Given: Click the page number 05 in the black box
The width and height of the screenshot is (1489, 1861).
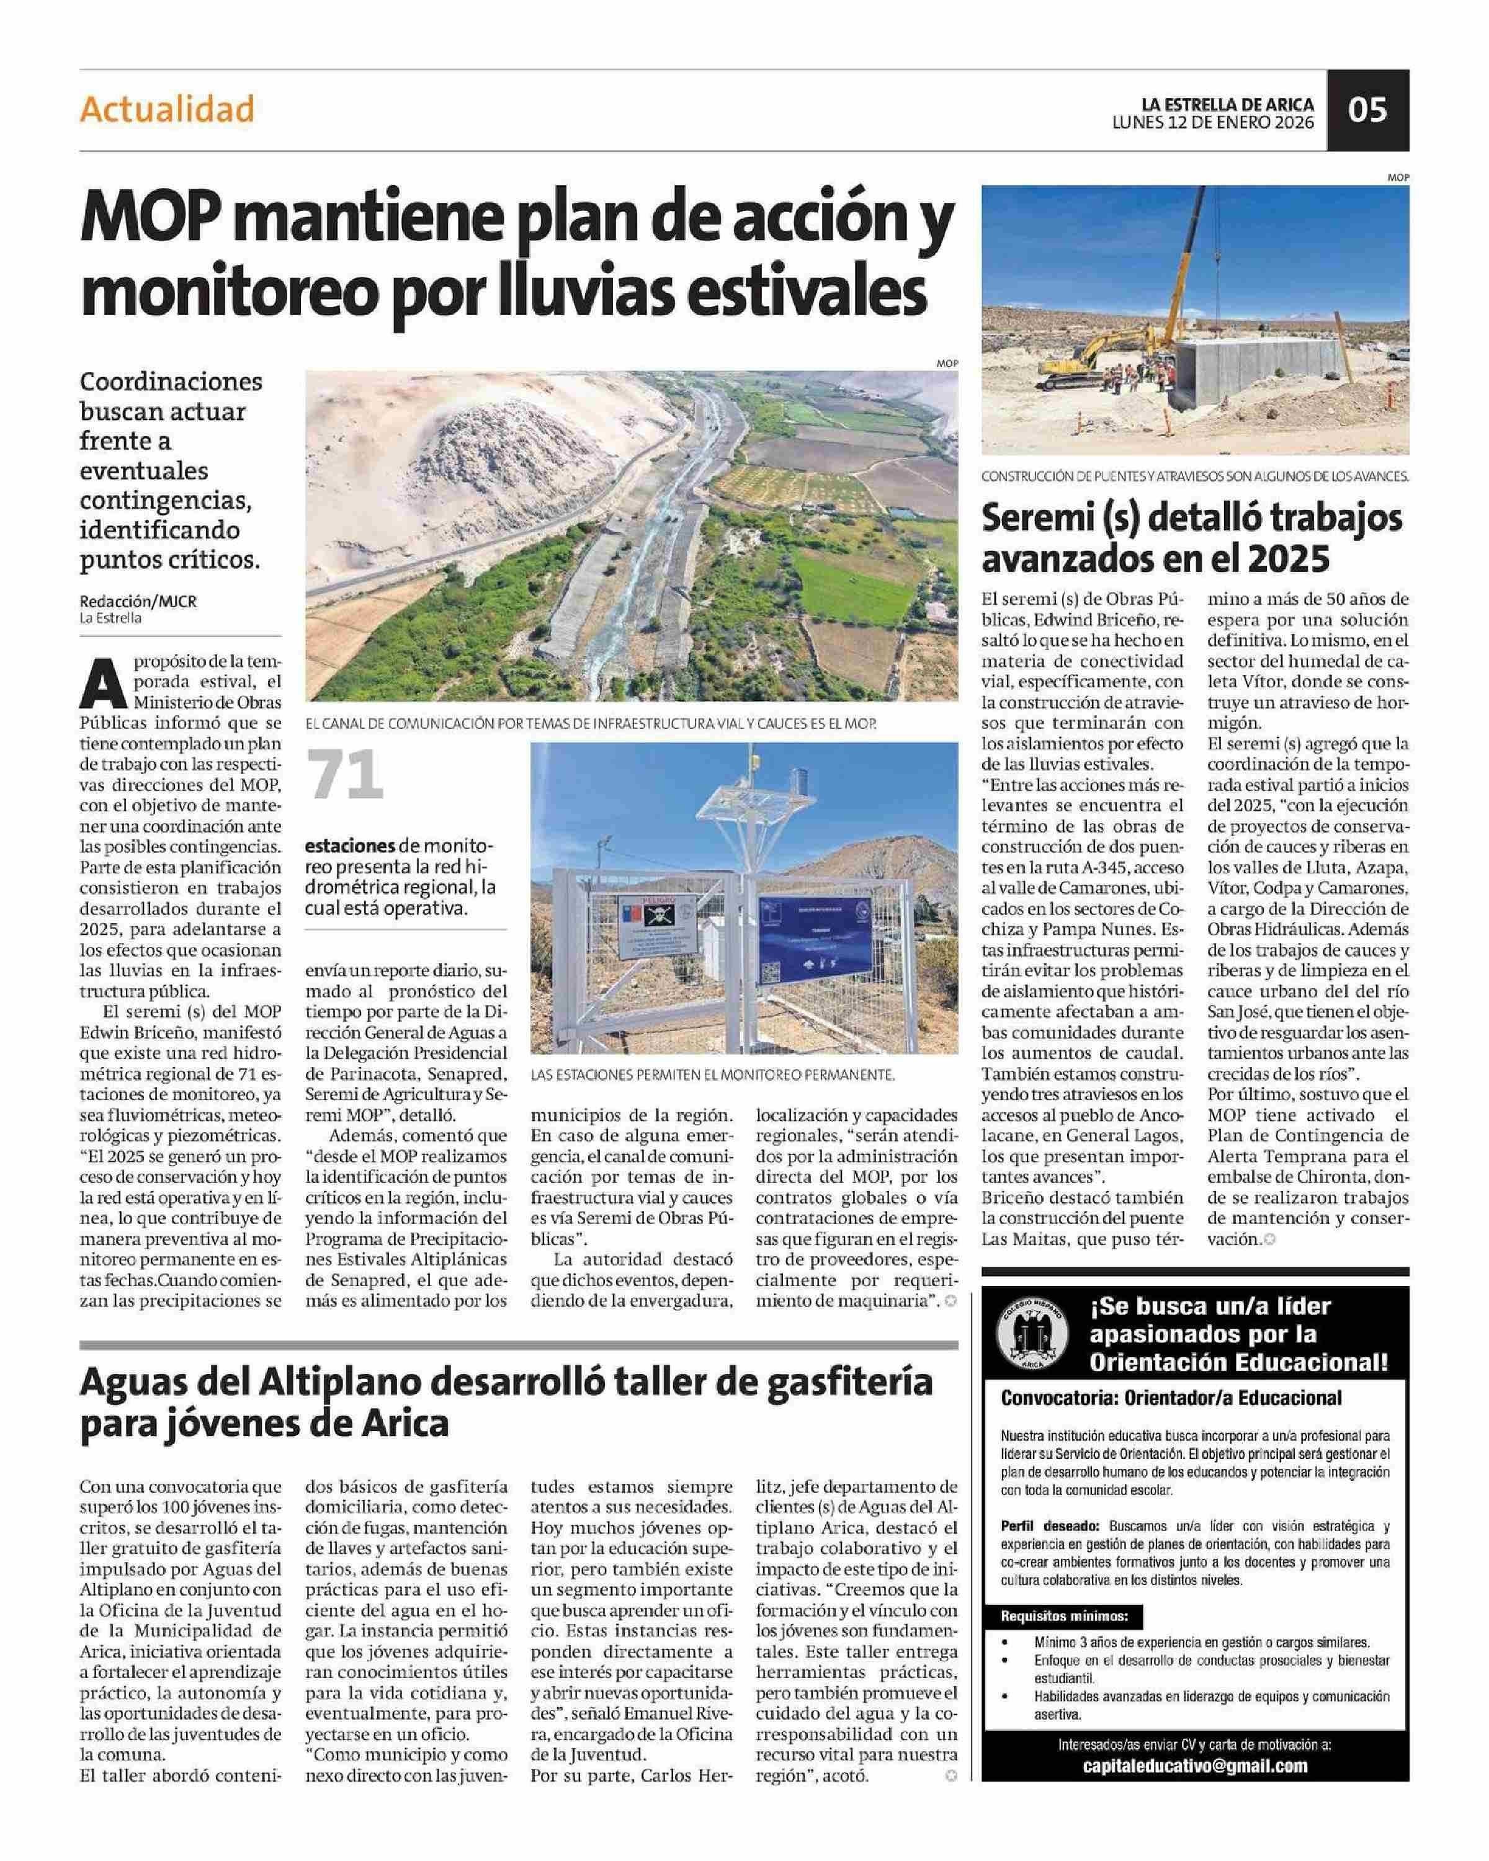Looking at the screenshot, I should click(x=1367, y=110).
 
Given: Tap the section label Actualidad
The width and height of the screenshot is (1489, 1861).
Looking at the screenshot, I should click(x=168, y=110).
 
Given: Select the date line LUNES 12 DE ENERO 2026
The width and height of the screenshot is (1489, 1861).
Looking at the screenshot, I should click(x=1213, y=123).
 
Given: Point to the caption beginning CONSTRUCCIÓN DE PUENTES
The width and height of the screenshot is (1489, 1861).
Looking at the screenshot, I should click(x=1195, y=476).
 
